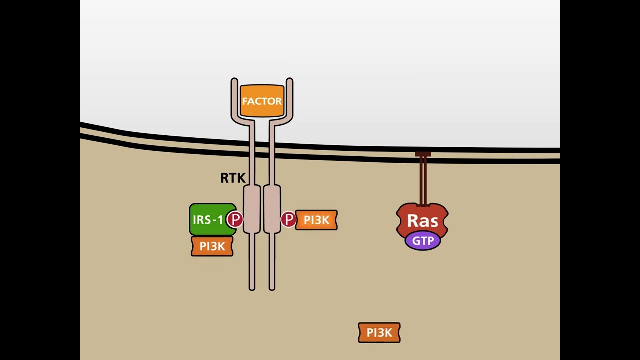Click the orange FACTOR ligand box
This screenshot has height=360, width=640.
tap(262, 101)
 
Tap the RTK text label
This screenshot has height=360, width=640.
tap(233, 178)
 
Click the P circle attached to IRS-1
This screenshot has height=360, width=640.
tap(235, 219)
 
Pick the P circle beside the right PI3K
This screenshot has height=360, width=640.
tap(288, 219)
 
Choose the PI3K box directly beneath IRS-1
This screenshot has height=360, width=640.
tap(212, 246)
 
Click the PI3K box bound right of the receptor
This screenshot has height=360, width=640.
tap(317, 220)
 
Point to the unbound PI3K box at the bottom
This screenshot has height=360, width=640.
tap(379, 333)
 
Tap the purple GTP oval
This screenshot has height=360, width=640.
tap(423, 241)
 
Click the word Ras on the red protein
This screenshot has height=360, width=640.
tap(422, 221)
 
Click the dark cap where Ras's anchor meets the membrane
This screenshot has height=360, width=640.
tap(423, 155)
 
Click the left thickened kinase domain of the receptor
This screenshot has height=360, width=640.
tap(252, 209)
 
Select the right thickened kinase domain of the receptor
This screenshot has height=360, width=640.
tap(272, 209)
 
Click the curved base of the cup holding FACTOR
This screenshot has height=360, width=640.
tap(262, 120)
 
